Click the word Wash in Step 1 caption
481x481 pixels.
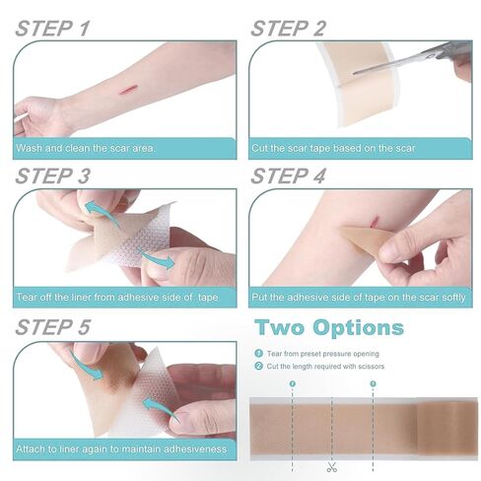tap(29, 149)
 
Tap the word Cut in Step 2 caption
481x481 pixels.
tap(262, 149)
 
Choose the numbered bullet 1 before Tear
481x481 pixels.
tap(259, 354)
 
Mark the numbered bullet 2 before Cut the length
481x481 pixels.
tap(259, 367)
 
